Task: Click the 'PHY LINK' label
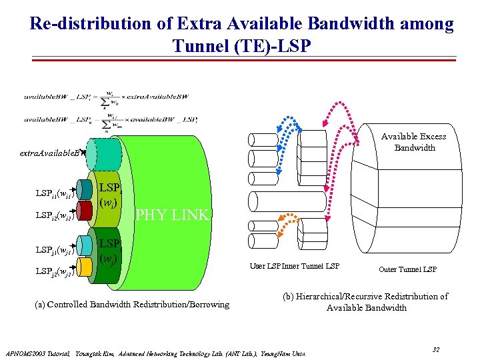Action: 173,215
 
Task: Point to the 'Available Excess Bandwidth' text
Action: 413,142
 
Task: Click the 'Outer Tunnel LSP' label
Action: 407,269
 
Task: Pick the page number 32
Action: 436,349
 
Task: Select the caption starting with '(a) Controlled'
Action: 131,305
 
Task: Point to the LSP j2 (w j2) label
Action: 54,272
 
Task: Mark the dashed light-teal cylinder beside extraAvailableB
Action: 108,152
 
